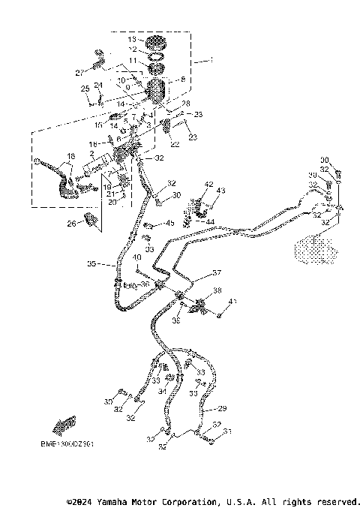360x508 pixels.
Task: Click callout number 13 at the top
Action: (x=132, y=39)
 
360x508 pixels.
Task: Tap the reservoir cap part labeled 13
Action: (x=154, y=40)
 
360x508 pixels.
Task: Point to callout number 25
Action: (x=84, y=89)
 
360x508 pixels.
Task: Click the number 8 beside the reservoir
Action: (x=182, y=79)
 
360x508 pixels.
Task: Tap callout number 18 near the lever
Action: (x=71, y=155)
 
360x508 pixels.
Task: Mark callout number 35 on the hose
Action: (x=91, y=264)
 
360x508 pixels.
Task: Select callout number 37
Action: (x=217, y=272)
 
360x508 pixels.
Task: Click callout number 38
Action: (x=217, y=290)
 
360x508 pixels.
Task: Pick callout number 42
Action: (x=209, y=184)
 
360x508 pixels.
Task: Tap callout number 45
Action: (x=170, y=223)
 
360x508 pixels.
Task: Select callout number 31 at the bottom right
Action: (x=228, y=431)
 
